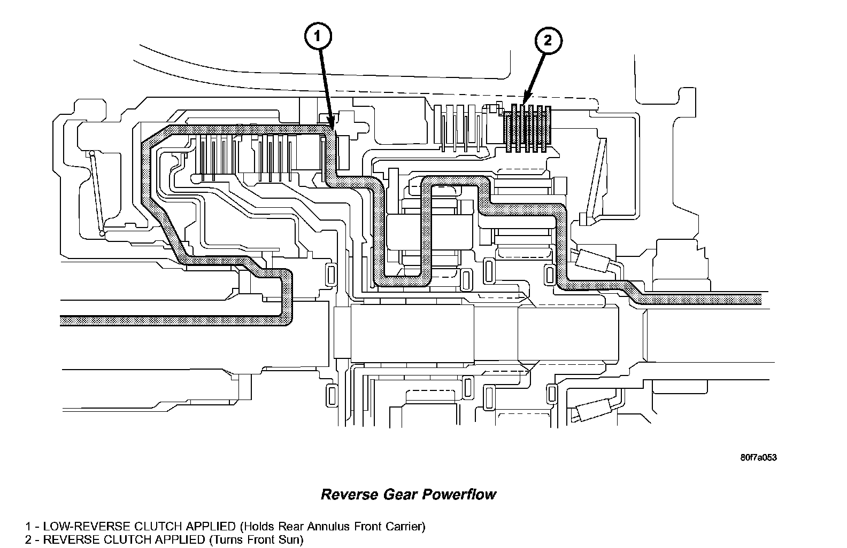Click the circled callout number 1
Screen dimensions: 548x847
(x=318, y=36)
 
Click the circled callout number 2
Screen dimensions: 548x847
(x=546, y=41)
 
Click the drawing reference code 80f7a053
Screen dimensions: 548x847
(x=758, y=458)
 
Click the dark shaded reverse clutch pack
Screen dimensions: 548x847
(x=528, y=128)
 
